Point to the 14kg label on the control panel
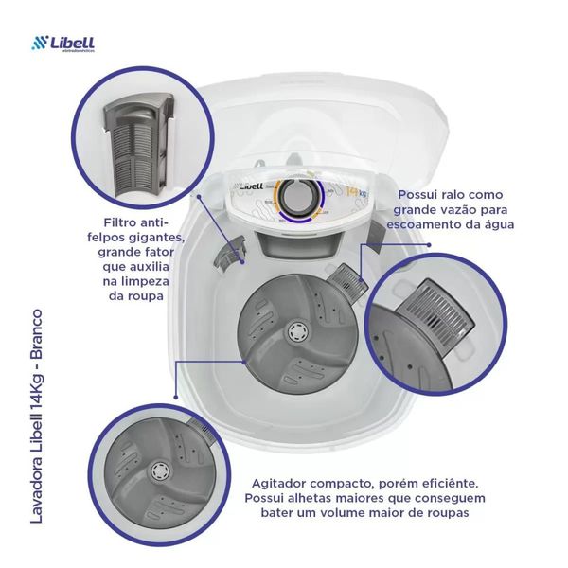[x=356, y=194]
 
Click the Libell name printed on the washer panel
[x=252, y=184]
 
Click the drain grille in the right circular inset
[x=435, y=309]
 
